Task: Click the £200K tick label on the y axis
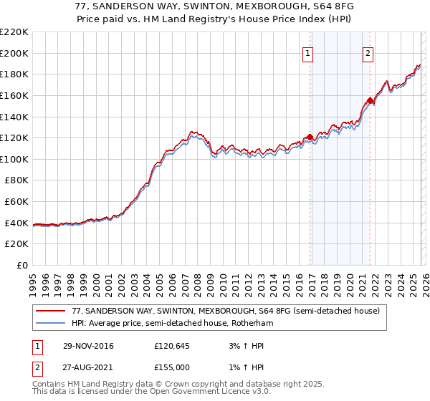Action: tap(14, 53)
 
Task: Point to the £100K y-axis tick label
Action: tap(14, 159)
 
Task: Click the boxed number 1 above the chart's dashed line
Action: tap(307, 52)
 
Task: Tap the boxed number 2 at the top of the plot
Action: tap(368, 52)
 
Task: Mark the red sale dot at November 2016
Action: tap(310, 137)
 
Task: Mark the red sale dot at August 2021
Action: tap(370, 100)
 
